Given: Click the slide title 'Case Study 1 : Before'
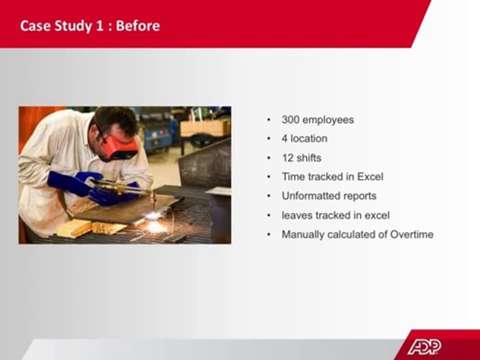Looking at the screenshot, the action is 90,25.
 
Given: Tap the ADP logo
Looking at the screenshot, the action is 424,347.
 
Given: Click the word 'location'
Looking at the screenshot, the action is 309,138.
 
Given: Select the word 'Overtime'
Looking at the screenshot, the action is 411,234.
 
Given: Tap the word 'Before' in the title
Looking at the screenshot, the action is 138,25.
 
